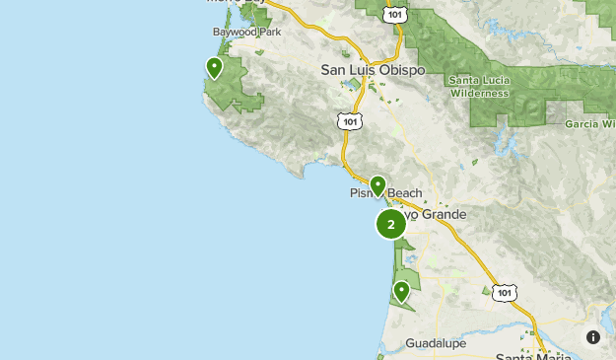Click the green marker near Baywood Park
tap(214, 68)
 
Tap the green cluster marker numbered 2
tap(391, 224)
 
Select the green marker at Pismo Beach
tap(377, 184)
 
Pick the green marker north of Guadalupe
tap(401, 291)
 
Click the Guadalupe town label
tap(436, 344)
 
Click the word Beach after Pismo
tap(405, 193)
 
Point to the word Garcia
tap(583, 125)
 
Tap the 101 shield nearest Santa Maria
tap(505, 293)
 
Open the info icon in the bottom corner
tap(593, 337)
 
